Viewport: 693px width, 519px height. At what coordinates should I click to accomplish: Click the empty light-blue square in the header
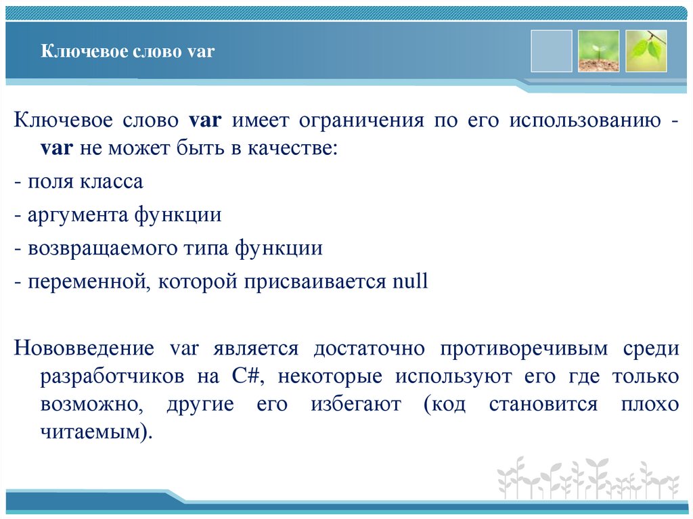[551, 51]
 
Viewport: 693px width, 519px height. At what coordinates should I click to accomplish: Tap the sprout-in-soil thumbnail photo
[598, 51]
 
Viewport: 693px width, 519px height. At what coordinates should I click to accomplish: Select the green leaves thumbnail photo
[646, 51]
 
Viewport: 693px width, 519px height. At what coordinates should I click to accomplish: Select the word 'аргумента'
[77, 215]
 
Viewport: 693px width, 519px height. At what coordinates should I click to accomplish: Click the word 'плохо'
[649, 404]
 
